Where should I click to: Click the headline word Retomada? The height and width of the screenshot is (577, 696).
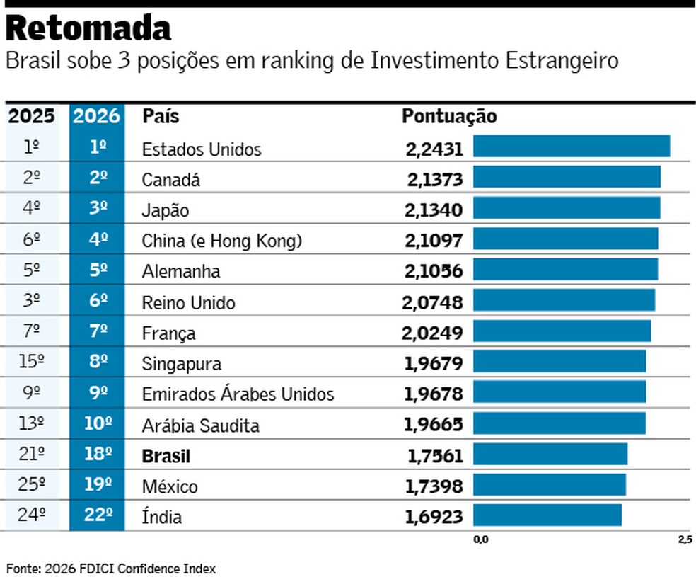point(89,29)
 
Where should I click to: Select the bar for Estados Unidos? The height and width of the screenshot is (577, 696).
point(571,147)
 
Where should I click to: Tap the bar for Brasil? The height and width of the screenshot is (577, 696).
point(550,455)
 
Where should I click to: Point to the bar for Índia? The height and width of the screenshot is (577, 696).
point(547,515)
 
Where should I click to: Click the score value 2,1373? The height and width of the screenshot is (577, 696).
point(434,180)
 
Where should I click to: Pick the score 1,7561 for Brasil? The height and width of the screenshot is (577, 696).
point(434,456)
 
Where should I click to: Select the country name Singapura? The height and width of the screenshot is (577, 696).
point(182,364)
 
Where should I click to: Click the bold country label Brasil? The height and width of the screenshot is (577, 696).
point(166,456)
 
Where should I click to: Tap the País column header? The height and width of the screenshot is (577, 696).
point(161,116)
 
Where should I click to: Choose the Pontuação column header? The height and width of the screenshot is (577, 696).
point(449,116)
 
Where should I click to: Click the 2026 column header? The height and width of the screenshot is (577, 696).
point(97,116)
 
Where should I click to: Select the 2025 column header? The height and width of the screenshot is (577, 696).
point(31,116)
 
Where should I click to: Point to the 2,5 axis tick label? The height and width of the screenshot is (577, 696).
point(684,540)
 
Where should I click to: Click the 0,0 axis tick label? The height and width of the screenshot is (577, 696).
point(480,540)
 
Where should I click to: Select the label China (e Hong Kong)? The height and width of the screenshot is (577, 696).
point(222,241)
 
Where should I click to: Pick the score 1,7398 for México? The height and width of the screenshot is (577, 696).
point(434,486)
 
